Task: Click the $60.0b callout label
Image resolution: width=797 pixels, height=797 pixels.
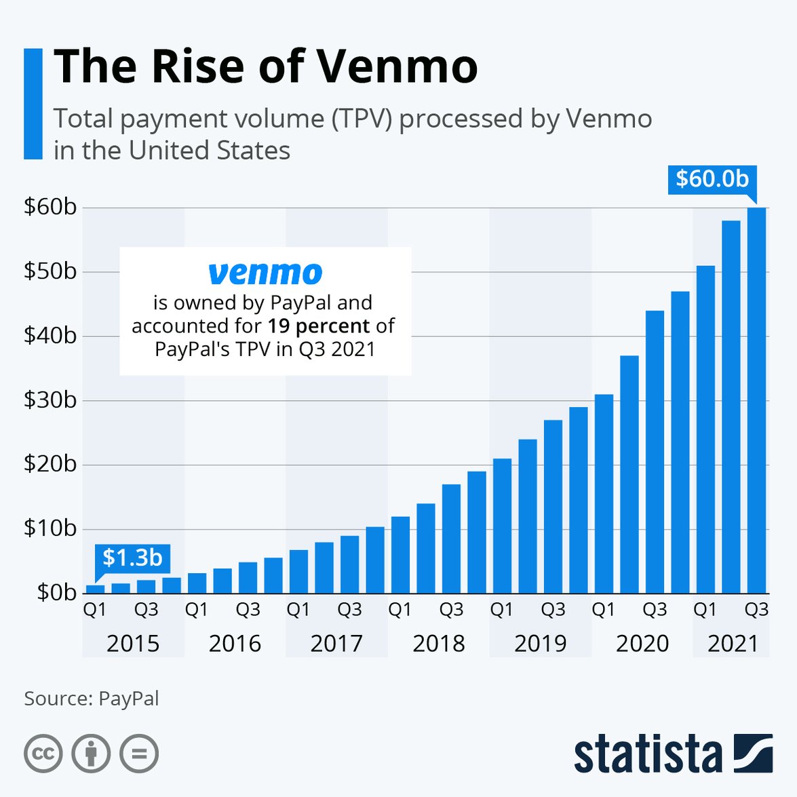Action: click(x=712, y=179)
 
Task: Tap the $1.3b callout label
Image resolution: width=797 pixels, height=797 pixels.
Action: click(x=132, y=558)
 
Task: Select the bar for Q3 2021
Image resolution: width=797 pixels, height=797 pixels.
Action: click(x=756, y=400)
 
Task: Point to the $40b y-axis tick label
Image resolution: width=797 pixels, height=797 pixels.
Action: click(x=50, y=336)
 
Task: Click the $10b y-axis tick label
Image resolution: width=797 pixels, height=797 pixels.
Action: click(x=50, y=528)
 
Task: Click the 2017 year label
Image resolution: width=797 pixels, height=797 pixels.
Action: click(x=336, y=643)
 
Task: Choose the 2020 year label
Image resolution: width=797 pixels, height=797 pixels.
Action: click(x=642, y=643)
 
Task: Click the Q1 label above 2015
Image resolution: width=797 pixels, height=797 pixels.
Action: click(x=95, y=610)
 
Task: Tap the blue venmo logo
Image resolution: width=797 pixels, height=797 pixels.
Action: click(x=265, y=273)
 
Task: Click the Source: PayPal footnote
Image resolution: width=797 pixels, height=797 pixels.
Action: click(x=92, y=699)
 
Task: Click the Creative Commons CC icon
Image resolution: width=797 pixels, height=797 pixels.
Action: click(x=43, y=754)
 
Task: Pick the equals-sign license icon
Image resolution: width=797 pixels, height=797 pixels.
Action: click(x=139, y=754)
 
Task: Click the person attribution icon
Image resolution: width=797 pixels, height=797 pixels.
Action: click(x=91, y=754)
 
